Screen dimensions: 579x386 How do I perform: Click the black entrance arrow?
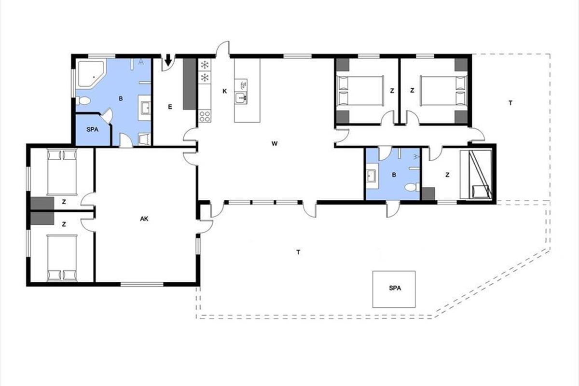click(168, 60)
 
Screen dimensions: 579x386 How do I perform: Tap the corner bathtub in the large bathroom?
click(91, 74)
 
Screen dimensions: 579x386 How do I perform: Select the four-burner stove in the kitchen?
click(205, 116)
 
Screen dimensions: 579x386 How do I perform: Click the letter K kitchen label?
click(225, 91)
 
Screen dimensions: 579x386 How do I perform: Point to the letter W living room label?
click(274, 143)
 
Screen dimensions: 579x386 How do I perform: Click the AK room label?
click(144, 219)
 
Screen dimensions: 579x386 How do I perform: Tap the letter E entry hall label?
click(170, 107)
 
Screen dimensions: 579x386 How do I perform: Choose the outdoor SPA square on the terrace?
click(394, 289)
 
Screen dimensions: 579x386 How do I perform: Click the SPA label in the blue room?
click(92, 129)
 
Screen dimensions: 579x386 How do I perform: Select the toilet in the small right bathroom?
click(412, 187)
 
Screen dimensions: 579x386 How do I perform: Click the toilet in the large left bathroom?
click(83, 100)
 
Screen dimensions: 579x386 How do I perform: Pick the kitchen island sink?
click(241, 98)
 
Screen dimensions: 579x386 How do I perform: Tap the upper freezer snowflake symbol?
click(205, 65)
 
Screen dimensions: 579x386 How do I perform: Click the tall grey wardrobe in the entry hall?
click(190, 84)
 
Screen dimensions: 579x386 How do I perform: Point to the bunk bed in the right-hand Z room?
click(476, 174)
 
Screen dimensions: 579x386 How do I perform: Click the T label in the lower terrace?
click(298, 252)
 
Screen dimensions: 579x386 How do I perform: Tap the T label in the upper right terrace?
click(510, 103)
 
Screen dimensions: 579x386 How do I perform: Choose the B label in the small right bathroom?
click(394, 175)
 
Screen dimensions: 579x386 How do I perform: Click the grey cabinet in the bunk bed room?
click(428, 193)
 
